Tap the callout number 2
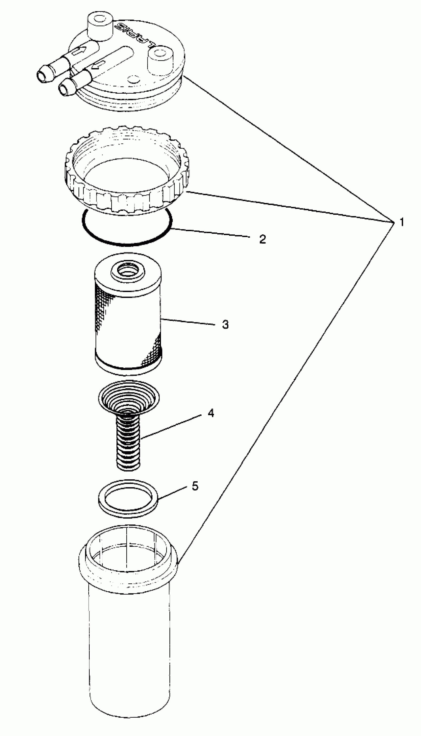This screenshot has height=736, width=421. pos(262,239)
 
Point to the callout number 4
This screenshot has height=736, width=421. pos(211,413)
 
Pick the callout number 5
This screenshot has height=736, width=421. pos(195,486)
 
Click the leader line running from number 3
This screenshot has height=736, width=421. pos(188,322)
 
